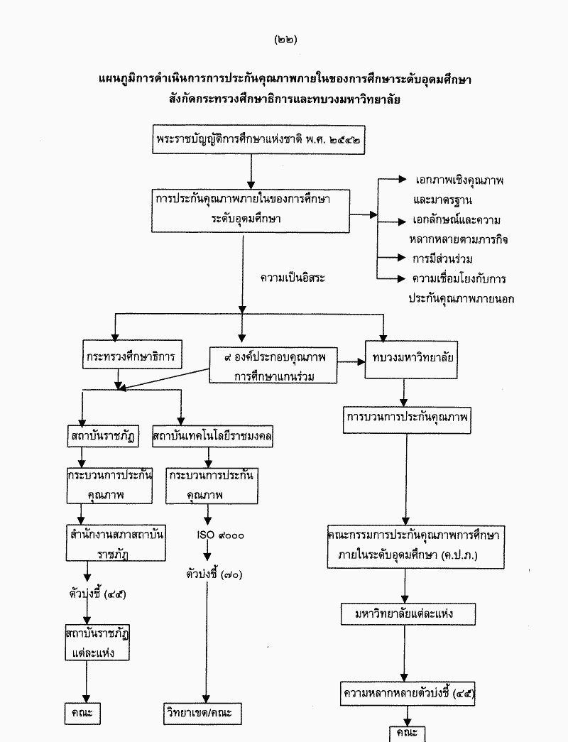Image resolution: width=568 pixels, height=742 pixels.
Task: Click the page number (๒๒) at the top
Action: (285, 40)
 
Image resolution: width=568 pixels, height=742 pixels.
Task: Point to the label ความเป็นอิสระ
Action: (293, 278)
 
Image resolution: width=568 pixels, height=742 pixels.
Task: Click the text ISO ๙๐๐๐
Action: (220, 535)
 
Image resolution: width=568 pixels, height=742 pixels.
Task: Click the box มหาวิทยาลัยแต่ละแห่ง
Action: (405, 613)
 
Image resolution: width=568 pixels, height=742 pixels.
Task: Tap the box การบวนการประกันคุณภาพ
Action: (407, 418)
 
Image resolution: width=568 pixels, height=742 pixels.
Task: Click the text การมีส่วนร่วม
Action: (442, 258)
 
